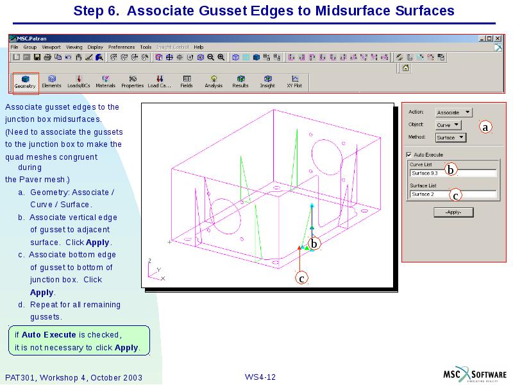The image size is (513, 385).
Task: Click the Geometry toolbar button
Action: [25, 81]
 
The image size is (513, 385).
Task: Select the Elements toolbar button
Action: [51, 81]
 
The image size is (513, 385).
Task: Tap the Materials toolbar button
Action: [105, 81]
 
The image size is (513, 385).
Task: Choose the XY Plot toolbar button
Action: [294, 81]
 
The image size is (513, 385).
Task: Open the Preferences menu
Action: [121, 47]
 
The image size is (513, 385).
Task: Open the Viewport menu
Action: [51, 47]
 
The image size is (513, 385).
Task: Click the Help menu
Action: [199, 47]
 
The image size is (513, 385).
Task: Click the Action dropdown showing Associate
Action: [453, 112]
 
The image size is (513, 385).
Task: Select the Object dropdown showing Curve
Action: [448, 125]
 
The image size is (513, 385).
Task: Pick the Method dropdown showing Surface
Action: [451, 137]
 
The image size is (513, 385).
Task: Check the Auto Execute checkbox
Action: [409, 155]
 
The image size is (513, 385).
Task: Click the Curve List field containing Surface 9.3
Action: [453, 173]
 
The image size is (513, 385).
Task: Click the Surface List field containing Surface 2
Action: [453, 194]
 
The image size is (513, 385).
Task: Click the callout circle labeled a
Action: [485, 127]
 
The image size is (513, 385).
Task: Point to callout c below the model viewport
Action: [301, 278]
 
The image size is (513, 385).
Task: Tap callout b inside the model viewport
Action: [314, 244]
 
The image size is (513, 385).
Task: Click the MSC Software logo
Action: [475, 375]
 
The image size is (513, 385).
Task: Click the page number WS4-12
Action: [260, 377]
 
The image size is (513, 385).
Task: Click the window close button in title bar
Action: [499, 38]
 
